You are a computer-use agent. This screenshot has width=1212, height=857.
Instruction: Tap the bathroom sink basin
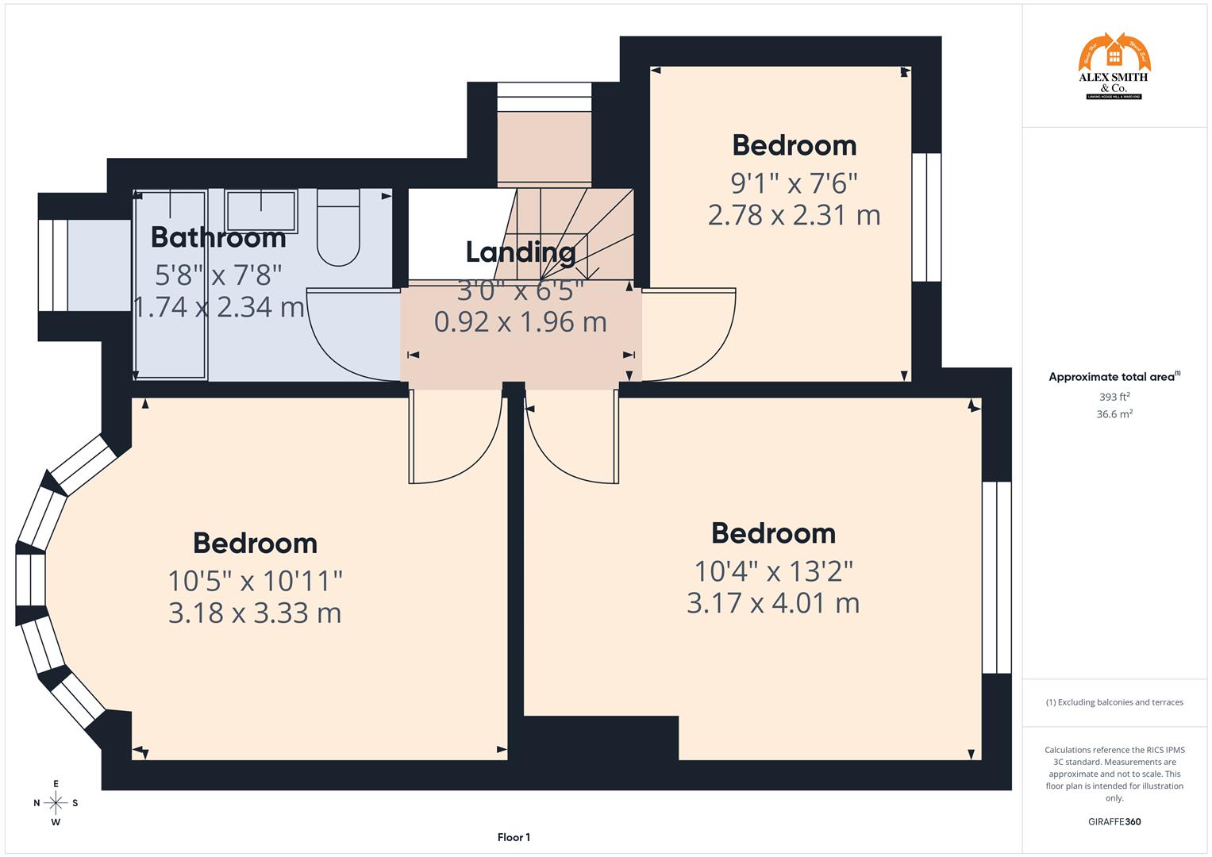(x=261, y=211)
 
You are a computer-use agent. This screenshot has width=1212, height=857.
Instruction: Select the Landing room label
(x=520, y=252)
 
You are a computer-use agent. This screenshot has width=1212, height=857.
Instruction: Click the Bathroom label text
(x=218, y=237)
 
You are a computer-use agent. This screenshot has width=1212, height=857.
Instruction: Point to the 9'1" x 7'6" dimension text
(x=794, y=183)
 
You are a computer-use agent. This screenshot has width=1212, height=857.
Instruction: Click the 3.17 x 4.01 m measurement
(x=773, y=603)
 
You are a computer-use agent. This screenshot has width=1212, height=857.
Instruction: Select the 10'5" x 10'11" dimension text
(x=255, y=581)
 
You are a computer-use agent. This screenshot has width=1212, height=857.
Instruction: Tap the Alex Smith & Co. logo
(x=1114, y=67)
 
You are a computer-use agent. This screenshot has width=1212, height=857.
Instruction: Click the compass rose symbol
(x=56, y=803)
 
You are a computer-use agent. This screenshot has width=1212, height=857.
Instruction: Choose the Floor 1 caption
(x=514, y=837)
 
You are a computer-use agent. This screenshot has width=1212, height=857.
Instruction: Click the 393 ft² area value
(x=1114, y=397)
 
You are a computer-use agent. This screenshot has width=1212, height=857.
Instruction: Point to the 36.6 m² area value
(x=1114, y=414)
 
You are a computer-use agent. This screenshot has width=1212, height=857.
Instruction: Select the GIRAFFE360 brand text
(x=1114, y=821)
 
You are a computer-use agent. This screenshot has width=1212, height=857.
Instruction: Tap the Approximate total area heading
(x=1114, y=377)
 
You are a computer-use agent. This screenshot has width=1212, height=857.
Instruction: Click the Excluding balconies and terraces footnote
(x=1114, y=702)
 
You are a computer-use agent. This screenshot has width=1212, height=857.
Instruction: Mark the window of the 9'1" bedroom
(x=925, y=217)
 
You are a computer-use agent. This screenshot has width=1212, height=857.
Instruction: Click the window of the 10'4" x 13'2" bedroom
(x=996, y=578)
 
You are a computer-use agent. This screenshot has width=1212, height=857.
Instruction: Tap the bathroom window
(x=53, y=265)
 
